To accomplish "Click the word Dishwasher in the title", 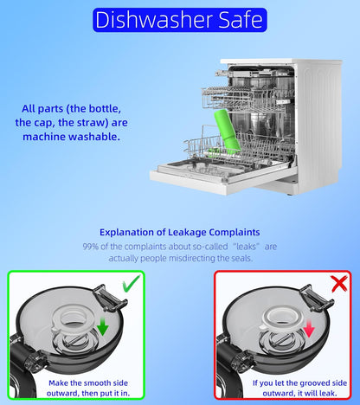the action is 154,20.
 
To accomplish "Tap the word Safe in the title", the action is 241,20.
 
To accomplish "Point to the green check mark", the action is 132,283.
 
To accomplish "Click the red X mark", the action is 339,284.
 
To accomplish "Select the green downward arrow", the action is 102,326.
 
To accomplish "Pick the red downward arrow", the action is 308,328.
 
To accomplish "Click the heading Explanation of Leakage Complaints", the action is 180,232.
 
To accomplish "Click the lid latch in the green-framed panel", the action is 110,298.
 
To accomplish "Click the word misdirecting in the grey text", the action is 191,258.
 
